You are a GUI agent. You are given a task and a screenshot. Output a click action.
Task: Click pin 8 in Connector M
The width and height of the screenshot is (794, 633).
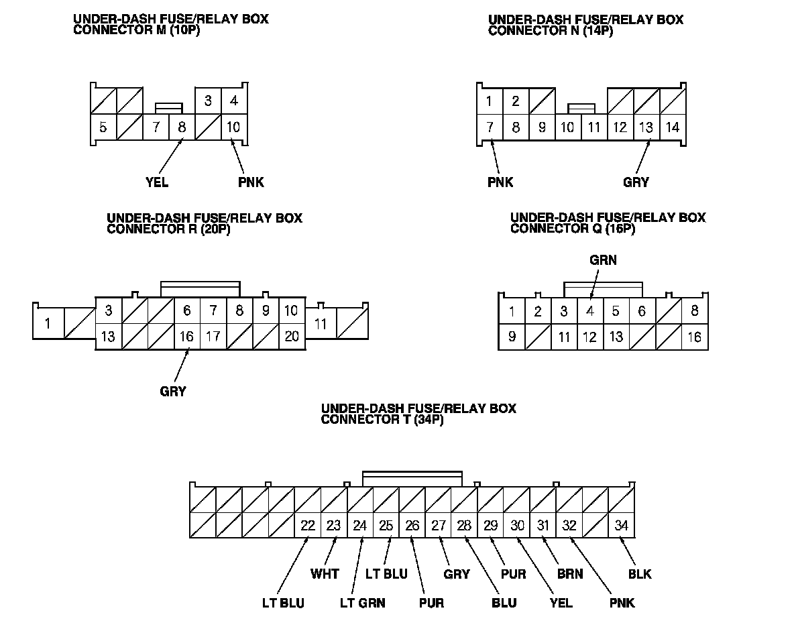[181, 127]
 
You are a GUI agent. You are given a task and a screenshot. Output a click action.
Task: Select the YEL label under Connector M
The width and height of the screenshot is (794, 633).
[156, 182]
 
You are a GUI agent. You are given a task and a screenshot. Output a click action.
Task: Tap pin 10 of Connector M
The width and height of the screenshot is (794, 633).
[233, 127]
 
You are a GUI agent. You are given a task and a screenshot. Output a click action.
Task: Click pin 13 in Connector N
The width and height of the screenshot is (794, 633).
[646, 127]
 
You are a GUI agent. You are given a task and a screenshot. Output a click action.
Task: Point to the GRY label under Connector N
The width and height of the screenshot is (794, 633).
[636, 182]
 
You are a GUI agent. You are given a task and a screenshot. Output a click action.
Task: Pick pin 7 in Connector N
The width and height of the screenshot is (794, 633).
[490, 127]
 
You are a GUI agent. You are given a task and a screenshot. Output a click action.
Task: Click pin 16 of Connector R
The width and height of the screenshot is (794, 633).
[187, 337]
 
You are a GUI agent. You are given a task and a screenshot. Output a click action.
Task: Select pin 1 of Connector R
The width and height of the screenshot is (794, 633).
[48, 325]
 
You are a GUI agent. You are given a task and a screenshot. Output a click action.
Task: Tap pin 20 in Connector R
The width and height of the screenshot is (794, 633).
[292, 337]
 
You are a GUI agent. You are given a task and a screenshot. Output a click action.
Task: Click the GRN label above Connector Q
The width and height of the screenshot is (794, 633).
[603, 260]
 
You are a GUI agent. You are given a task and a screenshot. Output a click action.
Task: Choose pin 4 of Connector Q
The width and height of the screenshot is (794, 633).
[590, 311]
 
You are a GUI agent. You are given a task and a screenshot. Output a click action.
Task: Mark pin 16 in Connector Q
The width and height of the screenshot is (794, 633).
[695, 337]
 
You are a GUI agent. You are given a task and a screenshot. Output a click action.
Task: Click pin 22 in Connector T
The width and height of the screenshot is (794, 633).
[308, 526]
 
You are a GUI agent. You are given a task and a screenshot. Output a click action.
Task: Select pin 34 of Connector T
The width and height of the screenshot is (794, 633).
[622, 526]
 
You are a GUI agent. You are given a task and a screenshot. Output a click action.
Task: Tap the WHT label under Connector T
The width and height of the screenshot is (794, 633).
[325, 574]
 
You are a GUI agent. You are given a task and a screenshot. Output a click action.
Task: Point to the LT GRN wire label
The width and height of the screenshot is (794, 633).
[362, 603]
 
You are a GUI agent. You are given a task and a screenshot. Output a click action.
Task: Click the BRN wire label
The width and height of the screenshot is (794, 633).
[570, 574]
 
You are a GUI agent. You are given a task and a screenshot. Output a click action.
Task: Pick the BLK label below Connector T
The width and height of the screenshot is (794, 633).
[640, 574]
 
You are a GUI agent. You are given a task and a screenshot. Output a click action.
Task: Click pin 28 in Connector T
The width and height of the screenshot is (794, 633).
[464, 526]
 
